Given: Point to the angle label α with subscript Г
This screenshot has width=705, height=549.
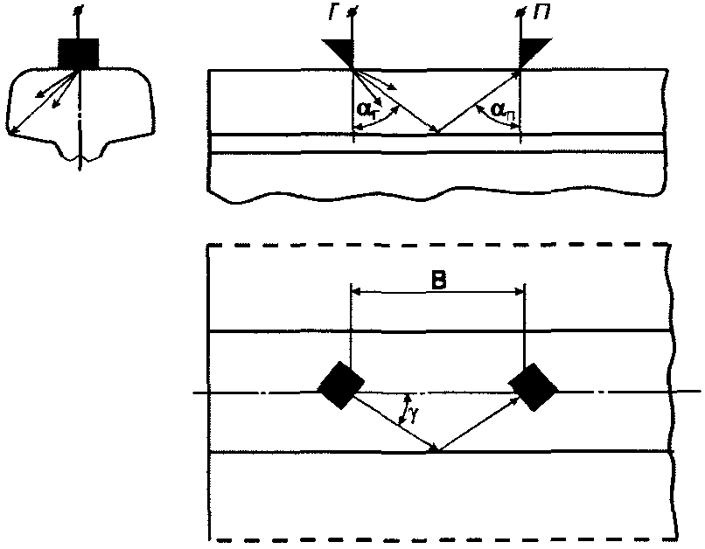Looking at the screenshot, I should click(367, 111).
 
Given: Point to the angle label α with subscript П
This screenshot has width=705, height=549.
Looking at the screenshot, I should click(499, 110).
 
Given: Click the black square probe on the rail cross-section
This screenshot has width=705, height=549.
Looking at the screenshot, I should click(80, 53).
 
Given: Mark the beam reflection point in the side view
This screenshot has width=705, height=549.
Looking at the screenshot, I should click(437, 134).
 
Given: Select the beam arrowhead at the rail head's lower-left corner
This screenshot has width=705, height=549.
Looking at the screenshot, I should click(10, 132).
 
